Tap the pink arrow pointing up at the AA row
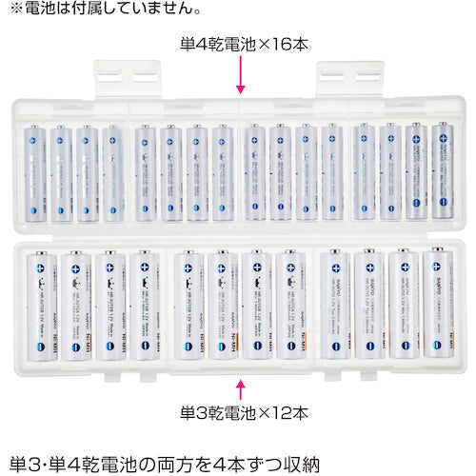(x=239, y=388)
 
